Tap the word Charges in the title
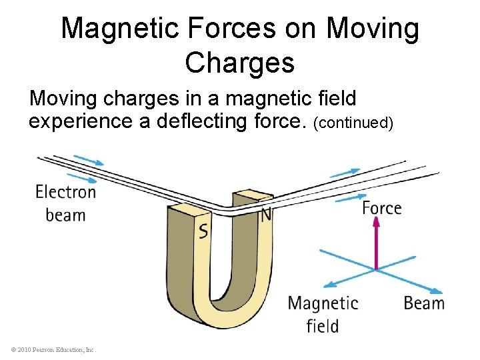pos(240,63)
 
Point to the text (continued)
pos(354,123)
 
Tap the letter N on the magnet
pos(265,215)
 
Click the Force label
pos(381,208)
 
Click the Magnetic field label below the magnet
pos(323,314)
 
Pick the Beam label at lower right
pos(424,303)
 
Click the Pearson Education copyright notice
pos(53,349)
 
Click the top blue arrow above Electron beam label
pos(89,159)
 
